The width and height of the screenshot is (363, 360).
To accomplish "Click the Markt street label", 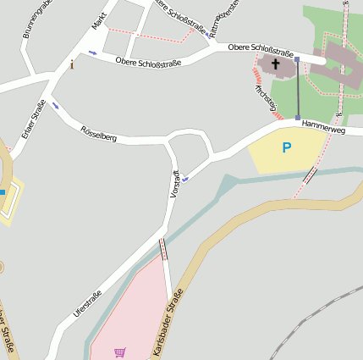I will [100, 21].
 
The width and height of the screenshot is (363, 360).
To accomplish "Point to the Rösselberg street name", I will [98, 132].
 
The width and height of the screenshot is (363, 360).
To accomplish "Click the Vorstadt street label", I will [175, 184].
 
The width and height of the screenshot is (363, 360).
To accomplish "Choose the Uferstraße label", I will [87, 303].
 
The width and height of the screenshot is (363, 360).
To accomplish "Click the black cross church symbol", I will [276, 64].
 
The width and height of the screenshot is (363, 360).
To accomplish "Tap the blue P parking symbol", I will [287, 148].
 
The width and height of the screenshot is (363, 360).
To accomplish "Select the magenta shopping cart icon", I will [119, 352].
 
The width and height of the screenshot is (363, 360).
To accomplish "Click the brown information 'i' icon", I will [72, 64].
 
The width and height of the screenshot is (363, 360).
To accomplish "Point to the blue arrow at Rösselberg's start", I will [56, 106].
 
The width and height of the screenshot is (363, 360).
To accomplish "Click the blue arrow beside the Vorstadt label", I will [184, 179].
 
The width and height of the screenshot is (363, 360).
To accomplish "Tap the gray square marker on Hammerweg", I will [298, 118].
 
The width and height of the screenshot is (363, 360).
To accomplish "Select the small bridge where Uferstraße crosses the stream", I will [162, 248].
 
